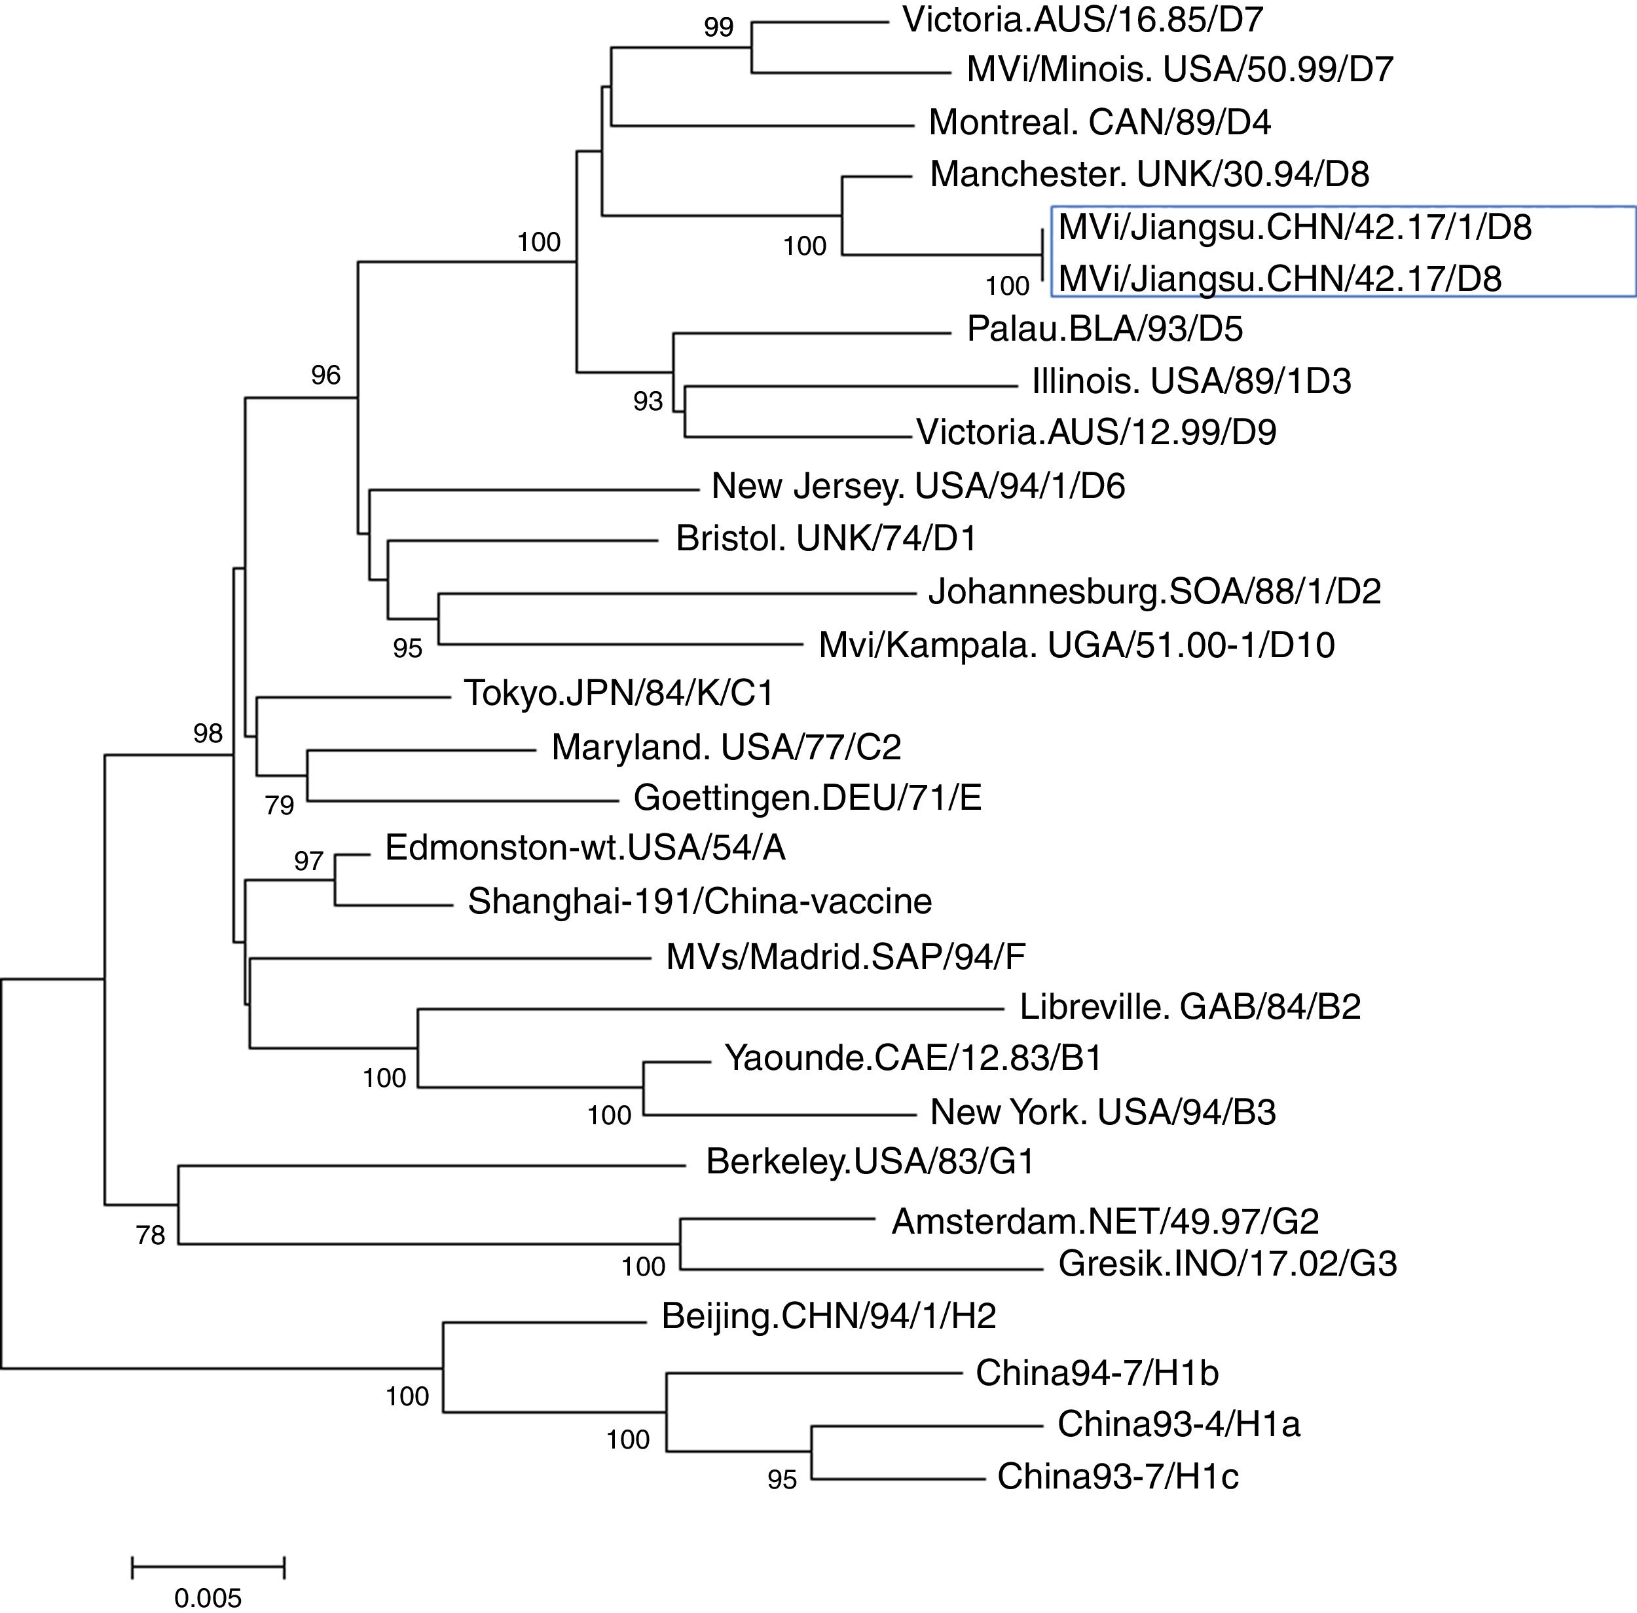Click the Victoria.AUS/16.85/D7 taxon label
(x=1082, y=20)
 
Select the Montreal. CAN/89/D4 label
(x=1099, y=123)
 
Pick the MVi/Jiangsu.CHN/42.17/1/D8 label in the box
(x=1295, y=227)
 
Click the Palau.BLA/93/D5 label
(x=1104, y=330)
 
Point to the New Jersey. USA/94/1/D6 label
(x=918, y=486)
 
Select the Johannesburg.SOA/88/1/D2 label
(x=1154, y=592)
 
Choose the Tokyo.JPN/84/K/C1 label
(x=618, y=694)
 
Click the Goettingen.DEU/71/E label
(x=807, y=798)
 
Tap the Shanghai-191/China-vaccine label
(x=699, y=901)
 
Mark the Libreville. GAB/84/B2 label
(x=1190, y=1006)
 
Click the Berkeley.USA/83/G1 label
(x=870, y=1162)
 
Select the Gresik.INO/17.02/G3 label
(x=1227, y=1264)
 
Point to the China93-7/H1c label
(x=1117, y=1477)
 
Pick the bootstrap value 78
(x=151, y=1236)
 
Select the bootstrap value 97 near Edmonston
(x=308, y=862)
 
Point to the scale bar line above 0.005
(x=208, y=1567)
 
